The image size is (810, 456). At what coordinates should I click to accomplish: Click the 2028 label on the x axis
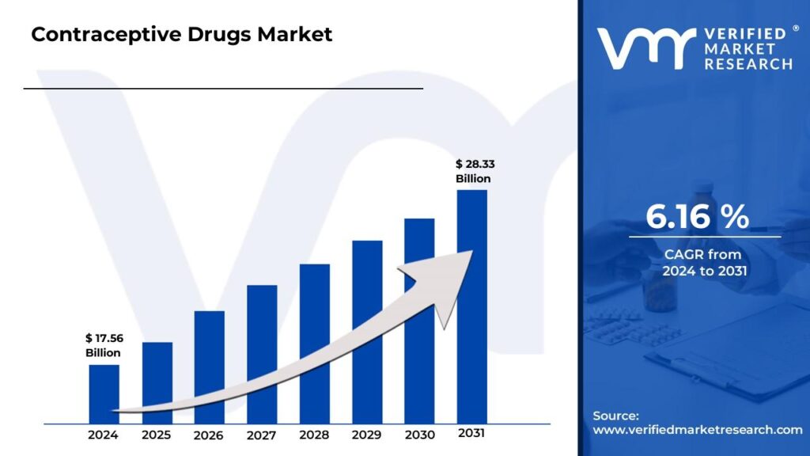(x=314, y=435)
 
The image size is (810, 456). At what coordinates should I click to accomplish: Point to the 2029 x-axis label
(x=367, y=435)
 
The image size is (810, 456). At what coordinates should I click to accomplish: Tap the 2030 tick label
(x=419, y=435)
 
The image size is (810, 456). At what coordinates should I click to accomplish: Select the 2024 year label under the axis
(x=104, y=435)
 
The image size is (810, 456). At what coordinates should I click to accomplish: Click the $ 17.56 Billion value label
(x=104, y=346)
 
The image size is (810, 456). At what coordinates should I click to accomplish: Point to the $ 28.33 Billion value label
(x=473, y=171)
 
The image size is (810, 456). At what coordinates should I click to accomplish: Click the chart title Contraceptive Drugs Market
(x=182, y=35)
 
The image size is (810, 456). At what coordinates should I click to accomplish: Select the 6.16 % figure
(x=697, y=217)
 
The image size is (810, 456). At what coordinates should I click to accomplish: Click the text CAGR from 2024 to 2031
(x=703, y=263)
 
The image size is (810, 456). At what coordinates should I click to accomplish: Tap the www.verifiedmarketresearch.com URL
(x=698, y=430)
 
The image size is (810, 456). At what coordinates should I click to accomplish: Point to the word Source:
(x=615, y=416)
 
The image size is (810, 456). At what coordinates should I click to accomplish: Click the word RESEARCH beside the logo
(x=748, y=64)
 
